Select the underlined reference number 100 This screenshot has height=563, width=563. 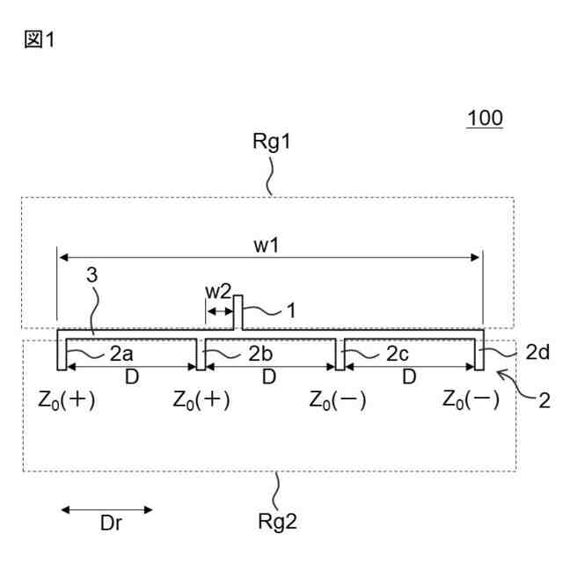(485, 118)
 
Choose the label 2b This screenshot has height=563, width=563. (260, 355)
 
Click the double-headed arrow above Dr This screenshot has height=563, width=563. (106, 508)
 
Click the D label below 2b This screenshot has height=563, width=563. (268, 376)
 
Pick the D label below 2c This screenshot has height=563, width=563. (408, 376)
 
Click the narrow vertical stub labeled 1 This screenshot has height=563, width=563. (238, 311)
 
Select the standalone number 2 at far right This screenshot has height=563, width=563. (545, 402)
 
